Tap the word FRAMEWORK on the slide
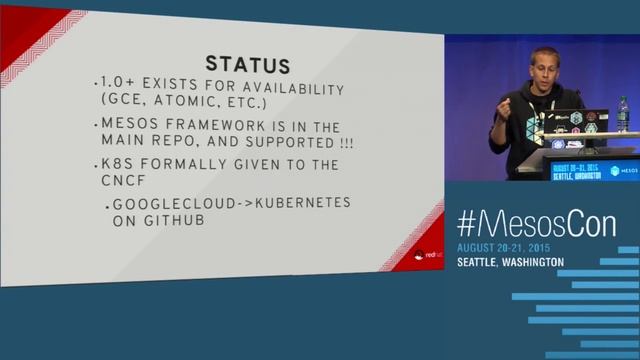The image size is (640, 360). (194, 126)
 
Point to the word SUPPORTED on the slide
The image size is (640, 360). (281, 143)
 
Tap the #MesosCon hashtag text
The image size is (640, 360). (537, 225)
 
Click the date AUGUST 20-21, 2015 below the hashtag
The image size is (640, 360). (504, 247)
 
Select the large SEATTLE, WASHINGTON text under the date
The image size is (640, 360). (510, 262)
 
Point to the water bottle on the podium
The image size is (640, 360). (622, 116)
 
